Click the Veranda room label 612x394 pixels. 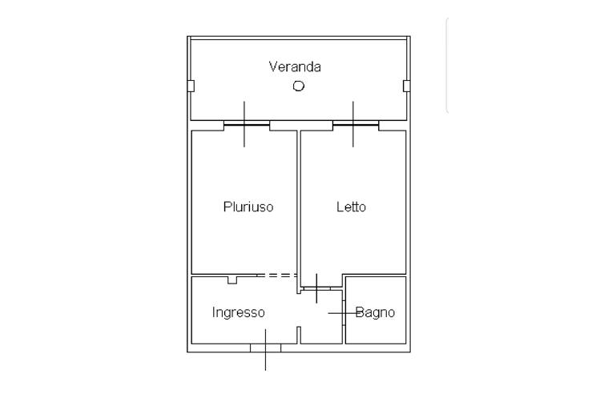(295, 66)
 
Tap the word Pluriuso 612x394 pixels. (248, 207)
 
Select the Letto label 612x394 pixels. (351, 207)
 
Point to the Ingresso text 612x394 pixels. (238, 312)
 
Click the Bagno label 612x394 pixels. (375, 312)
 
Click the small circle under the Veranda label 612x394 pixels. (298, 86)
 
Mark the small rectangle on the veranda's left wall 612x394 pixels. (191, 86)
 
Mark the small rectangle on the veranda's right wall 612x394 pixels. (406, 86)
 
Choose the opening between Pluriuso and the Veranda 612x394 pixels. (246, 124)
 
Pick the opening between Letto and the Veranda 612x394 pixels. (355, 124)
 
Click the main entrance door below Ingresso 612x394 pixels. (265, 348)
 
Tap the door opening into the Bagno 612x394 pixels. (344, 312)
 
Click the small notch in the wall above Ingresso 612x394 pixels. (232, 279)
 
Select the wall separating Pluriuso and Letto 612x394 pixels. (299, 204)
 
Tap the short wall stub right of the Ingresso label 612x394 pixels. (299, 335)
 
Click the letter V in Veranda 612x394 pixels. (273, 66)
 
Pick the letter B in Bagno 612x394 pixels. (360, 312)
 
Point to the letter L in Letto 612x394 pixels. (340, 207)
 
